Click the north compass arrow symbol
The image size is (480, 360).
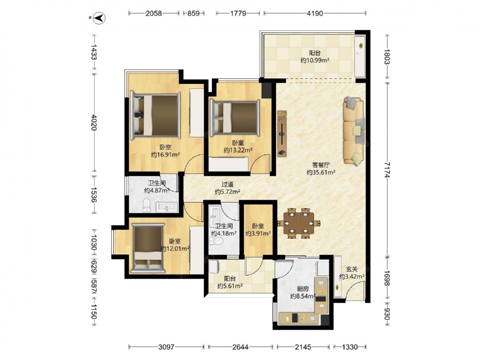[x=99, y=18]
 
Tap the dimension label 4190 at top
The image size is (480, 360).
[x=315, y=13]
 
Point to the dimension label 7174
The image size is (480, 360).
[x=387, y=169]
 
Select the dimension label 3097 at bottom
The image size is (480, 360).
[x=166, y=347]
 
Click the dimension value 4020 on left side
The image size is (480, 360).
[x=94, y=122]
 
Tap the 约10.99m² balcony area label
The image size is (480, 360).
[x=315, y=60]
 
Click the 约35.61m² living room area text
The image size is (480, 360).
[x=321, y=172]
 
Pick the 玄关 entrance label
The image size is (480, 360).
[x=352, y=269]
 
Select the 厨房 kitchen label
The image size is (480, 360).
[x=303, y=288]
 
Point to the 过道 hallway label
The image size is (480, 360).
[x=228, y=185]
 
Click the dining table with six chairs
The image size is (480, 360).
[x=299, y=223]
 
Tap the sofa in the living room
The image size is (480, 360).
[x=354, y=131]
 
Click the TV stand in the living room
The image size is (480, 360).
[x=282, y=134]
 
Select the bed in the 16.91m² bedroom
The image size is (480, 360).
[x=155, y=115]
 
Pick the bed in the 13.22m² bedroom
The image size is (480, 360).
[x=235, y=118]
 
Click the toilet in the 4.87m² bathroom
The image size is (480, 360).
[x=146, y=205]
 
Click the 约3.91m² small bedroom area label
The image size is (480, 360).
[x=258, y=234]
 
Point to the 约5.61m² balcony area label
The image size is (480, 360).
[x=230, y=286]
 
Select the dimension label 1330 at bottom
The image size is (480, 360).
[x=349, y=347]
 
